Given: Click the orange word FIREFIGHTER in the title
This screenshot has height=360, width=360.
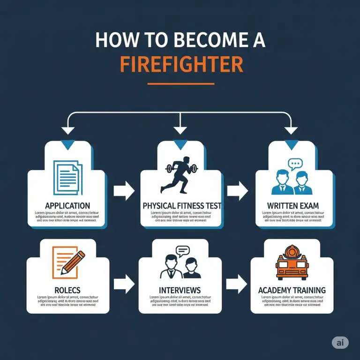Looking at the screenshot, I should tap(181, 64).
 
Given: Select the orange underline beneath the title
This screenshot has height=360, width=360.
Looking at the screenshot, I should tap(181, 84).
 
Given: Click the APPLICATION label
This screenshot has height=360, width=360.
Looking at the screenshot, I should tap(67, 205).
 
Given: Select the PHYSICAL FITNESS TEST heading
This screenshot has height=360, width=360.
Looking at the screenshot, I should tap(182, 205).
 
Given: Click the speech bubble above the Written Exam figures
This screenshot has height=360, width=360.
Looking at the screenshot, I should tap(295, 165).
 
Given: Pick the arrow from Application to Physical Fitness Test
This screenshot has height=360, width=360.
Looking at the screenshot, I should tap(124, 190).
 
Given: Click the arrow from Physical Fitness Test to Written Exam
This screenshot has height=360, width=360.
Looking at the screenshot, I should tap(238, 190).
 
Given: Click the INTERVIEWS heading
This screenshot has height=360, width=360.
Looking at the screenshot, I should tap(180, 290).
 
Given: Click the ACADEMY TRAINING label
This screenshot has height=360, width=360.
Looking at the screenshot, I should tap(292, 290).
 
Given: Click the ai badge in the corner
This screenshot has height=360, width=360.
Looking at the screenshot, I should tap(340, 343).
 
